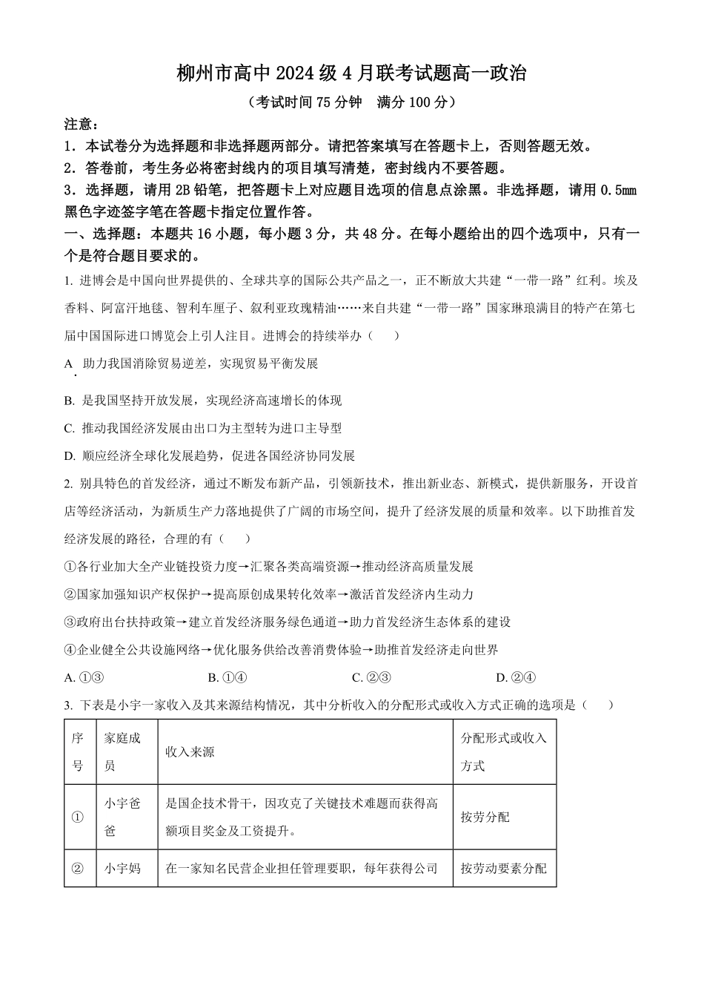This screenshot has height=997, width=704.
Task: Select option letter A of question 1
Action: pyautogui.click(x=69, y=363)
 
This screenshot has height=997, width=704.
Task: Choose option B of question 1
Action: pyautogui.click(x=69, y=401)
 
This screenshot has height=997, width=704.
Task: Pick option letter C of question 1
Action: pyautogui.click(x=69, y=428)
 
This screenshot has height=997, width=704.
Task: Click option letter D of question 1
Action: pyautogui.click(x=69, y=455)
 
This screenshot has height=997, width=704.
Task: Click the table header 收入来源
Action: pyautogui.click(x=190, y=752)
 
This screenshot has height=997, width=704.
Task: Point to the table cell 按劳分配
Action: pyautogui.click(x=485, y=817)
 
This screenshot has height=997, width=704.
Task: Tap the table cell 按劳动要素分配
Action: pyautogui.click(x=503, y=868)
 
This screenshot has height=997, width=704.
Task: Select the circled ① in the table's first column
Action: pyautogui.click(x=77, y=817)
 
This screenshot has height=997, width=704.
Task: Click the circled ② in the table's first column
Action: pyautogui.click(x=77, y=868)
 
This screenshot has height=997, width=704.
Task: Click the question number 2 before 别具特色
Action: pyautogui.click(x=67, y=484)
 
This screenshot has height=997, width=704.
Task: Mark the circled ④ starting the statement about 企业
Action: pyautogui.click(x=70, y=650)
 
